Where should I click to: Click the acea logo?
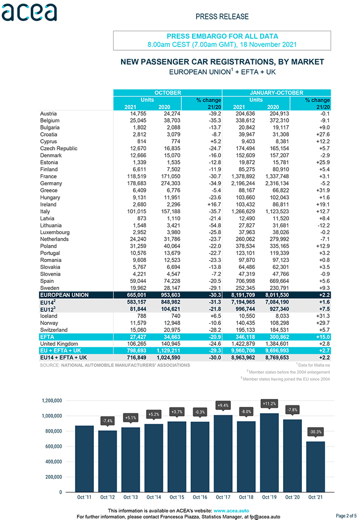click(x=29, y=12)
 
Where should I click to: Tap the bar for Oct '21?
click(x=315, y=466)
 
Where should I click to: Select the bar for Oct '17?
click(x=223, y=454)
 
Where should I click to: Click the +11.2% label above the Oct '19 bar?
click(x=269, y=403)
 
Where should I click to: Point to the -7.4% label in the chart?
click(x=107, y=421)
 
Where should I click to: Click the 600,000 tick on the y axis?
click(x=54, y=447)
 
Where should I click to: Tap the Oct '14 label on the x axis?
click(x=153, y=497)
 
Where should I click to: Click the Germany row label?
click(x=51, y=184)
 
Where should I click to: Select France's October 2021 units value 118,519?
click(x=137, y=177)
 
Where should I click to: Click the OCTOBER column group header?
click(x=167, y=93)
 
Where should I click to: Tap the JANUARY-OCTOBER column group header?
click(x=277, y=93)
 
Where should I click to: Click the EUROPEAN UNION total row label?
click(x=65, y=295)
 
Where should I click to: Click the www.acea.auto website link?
click(x=231, y=511)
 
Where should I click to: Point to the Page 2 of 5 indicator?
click(x=347, y=516)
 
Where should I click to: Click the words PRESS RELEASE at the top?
click(x=222, y=16)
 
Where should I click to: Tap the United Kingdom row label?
click(x=59, y=344)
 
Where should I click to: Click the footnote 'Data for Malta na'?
click(x=313, y=365)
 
